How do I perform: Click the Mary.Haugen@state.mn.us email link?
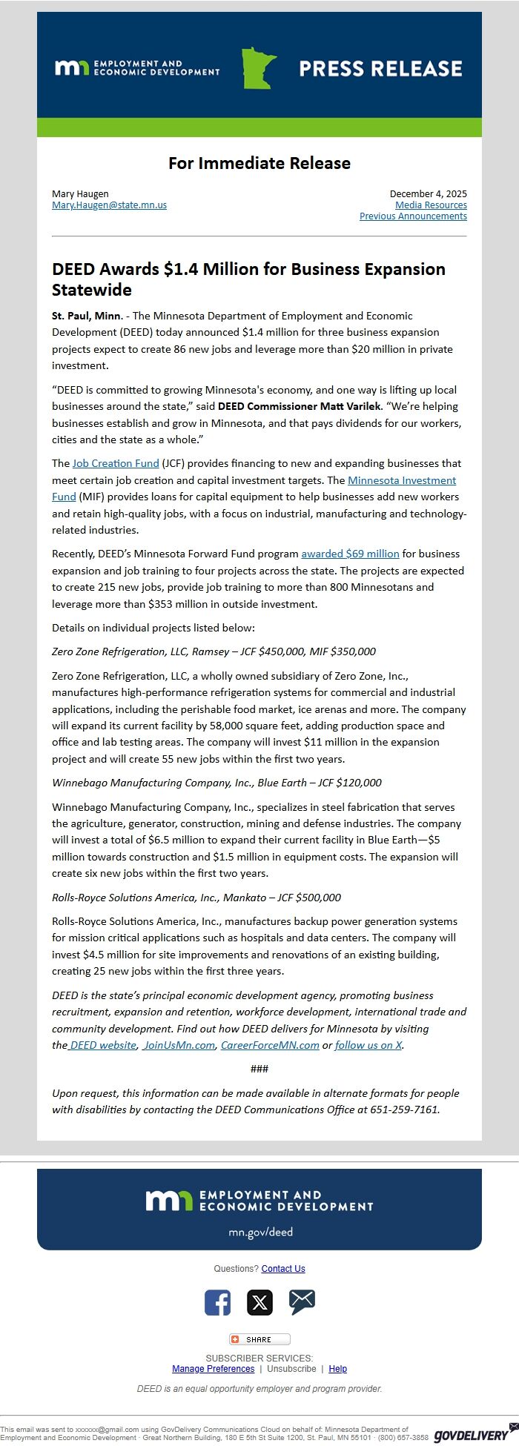(x=109, y=205)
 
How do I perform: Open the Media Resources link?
(x=431, y=205)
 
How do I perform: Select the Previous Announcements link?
(x=413, y=216)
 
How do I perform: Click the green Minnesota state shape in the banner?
(x=258, y=68)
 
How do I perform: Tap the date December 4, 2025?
(x=428, y=194)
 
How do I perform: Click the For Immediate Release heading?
(x=259, y=163)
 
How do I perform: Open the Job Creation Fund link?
(x=116, y=463)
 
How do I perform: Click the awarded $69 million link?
(x=350, y=554)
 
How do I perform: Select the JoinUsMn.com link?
(x=179, y=1045)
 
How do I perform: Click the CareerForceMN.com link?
(x=270, y=1045)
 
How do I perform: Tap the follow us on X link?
(x=368, y=1045)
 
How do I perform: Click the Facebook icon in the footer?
(x=217, y=1302)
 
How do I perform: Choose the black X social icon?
(x=259, y=1302)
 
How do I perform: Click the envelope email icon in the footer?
(x=302, y=1301)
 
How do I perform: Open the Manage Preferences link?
(x=213, y=1369)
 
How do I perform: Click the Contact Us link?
(x=283, y=1269)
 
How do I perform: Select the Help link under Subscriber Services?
(x=337, y=1369)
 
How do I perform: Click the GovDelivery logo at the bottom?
(x=472, y=1434)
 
